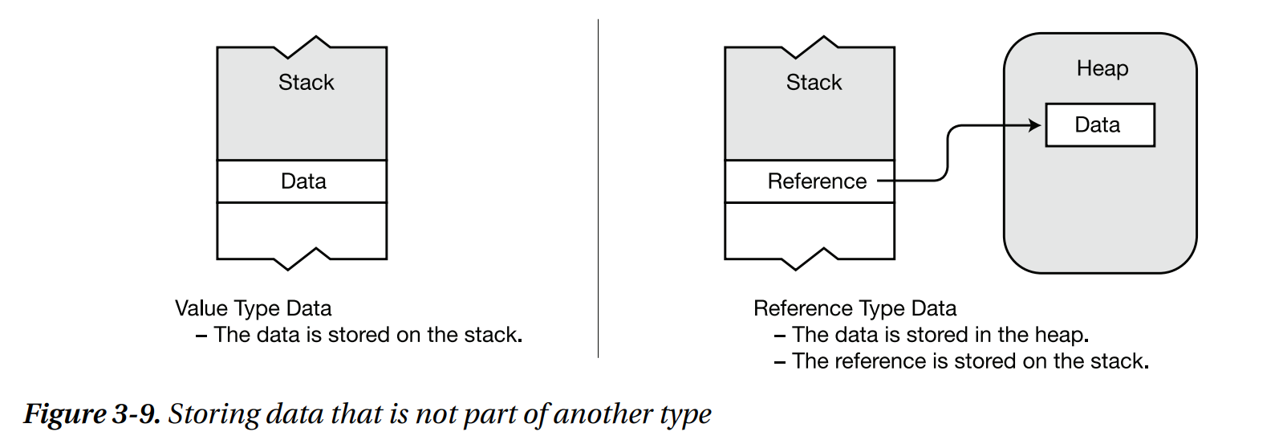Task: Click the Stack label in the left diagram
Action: pyautogui.click(x=306, y=83)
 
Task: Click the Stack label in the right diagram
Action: pyautogui.click(x=814, y=83)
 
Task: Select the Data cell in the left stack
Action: pyautogui.click(x=302, y=181)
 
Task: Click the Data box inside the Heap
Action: pyautogui.click(x=1099, y=125)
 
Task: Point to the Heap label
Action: pyautogui.click(x=1102, y=69)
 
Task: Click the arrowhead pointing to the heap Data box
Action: pyautogui.click(x=1035, y=125)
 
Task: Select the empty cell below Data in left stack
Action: pyautogui.click(x=302, y=230)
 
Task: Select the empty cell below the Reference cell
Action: pyautogui.click(x=810, y=230)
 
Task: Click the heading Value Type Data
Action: pyautogui.click(x=253, y=308)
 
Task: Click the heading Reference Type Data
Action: pyautogui.click(x=855, y=308)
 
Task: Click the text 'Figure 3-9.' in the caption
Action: pyautogui.click(x=92, y=414)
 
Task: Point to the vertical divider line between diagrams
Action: pyautogui.click(x=598, y=189)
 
